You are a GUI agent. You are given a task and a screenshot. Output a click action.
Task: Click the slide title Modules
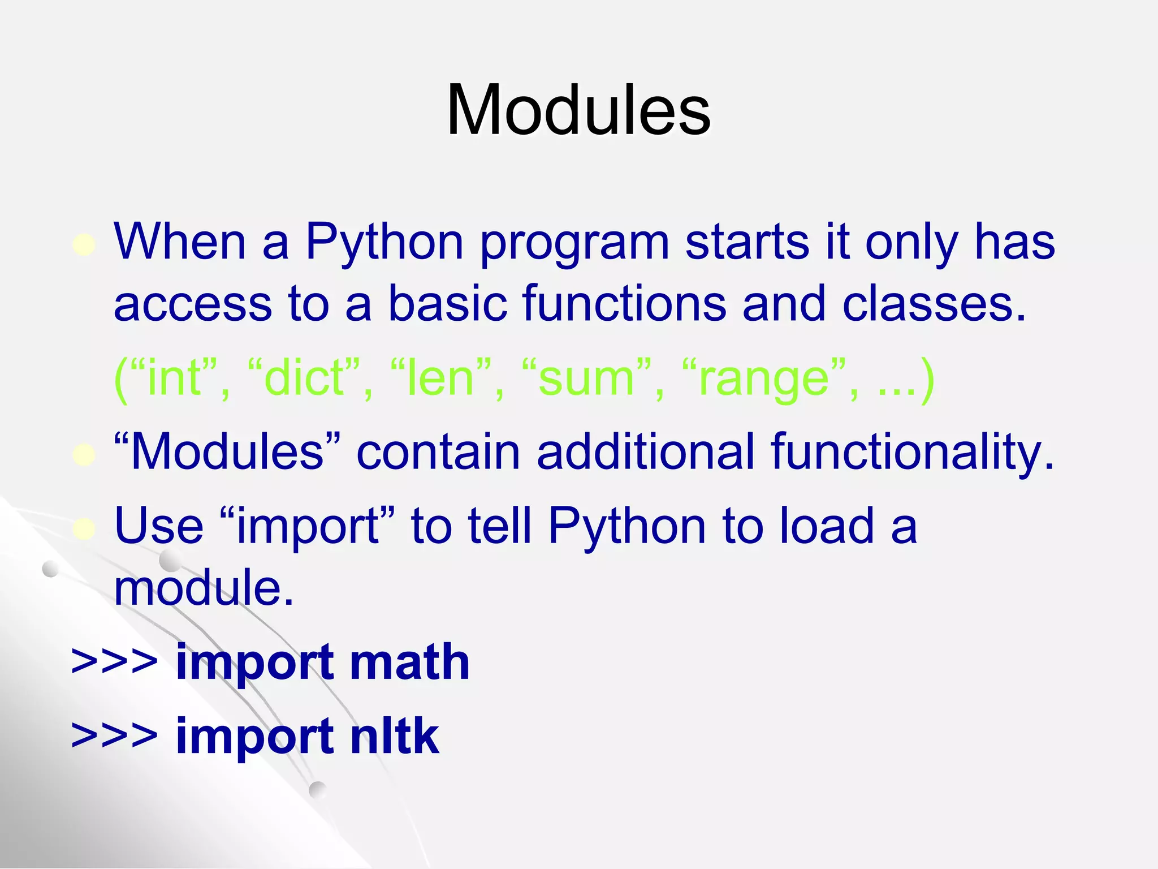(578, 110)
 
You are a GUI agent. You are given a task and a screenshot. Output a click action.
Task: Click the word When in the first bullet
(180, 242)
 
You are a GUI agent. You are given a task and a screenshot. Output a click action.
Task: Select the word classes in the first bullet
(933, 304)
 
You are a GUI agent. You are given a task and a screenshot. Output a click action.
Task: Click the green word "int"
(174, 378)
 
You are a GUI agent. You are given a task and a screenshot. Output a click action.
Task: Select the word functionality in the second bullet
(911, 453)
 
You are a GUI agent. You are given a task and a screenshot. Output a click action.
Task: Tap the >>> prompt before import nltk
(114, 737)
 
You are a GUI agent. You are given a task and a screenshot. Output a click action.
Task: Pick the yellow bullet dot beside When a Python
(84, 245)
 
